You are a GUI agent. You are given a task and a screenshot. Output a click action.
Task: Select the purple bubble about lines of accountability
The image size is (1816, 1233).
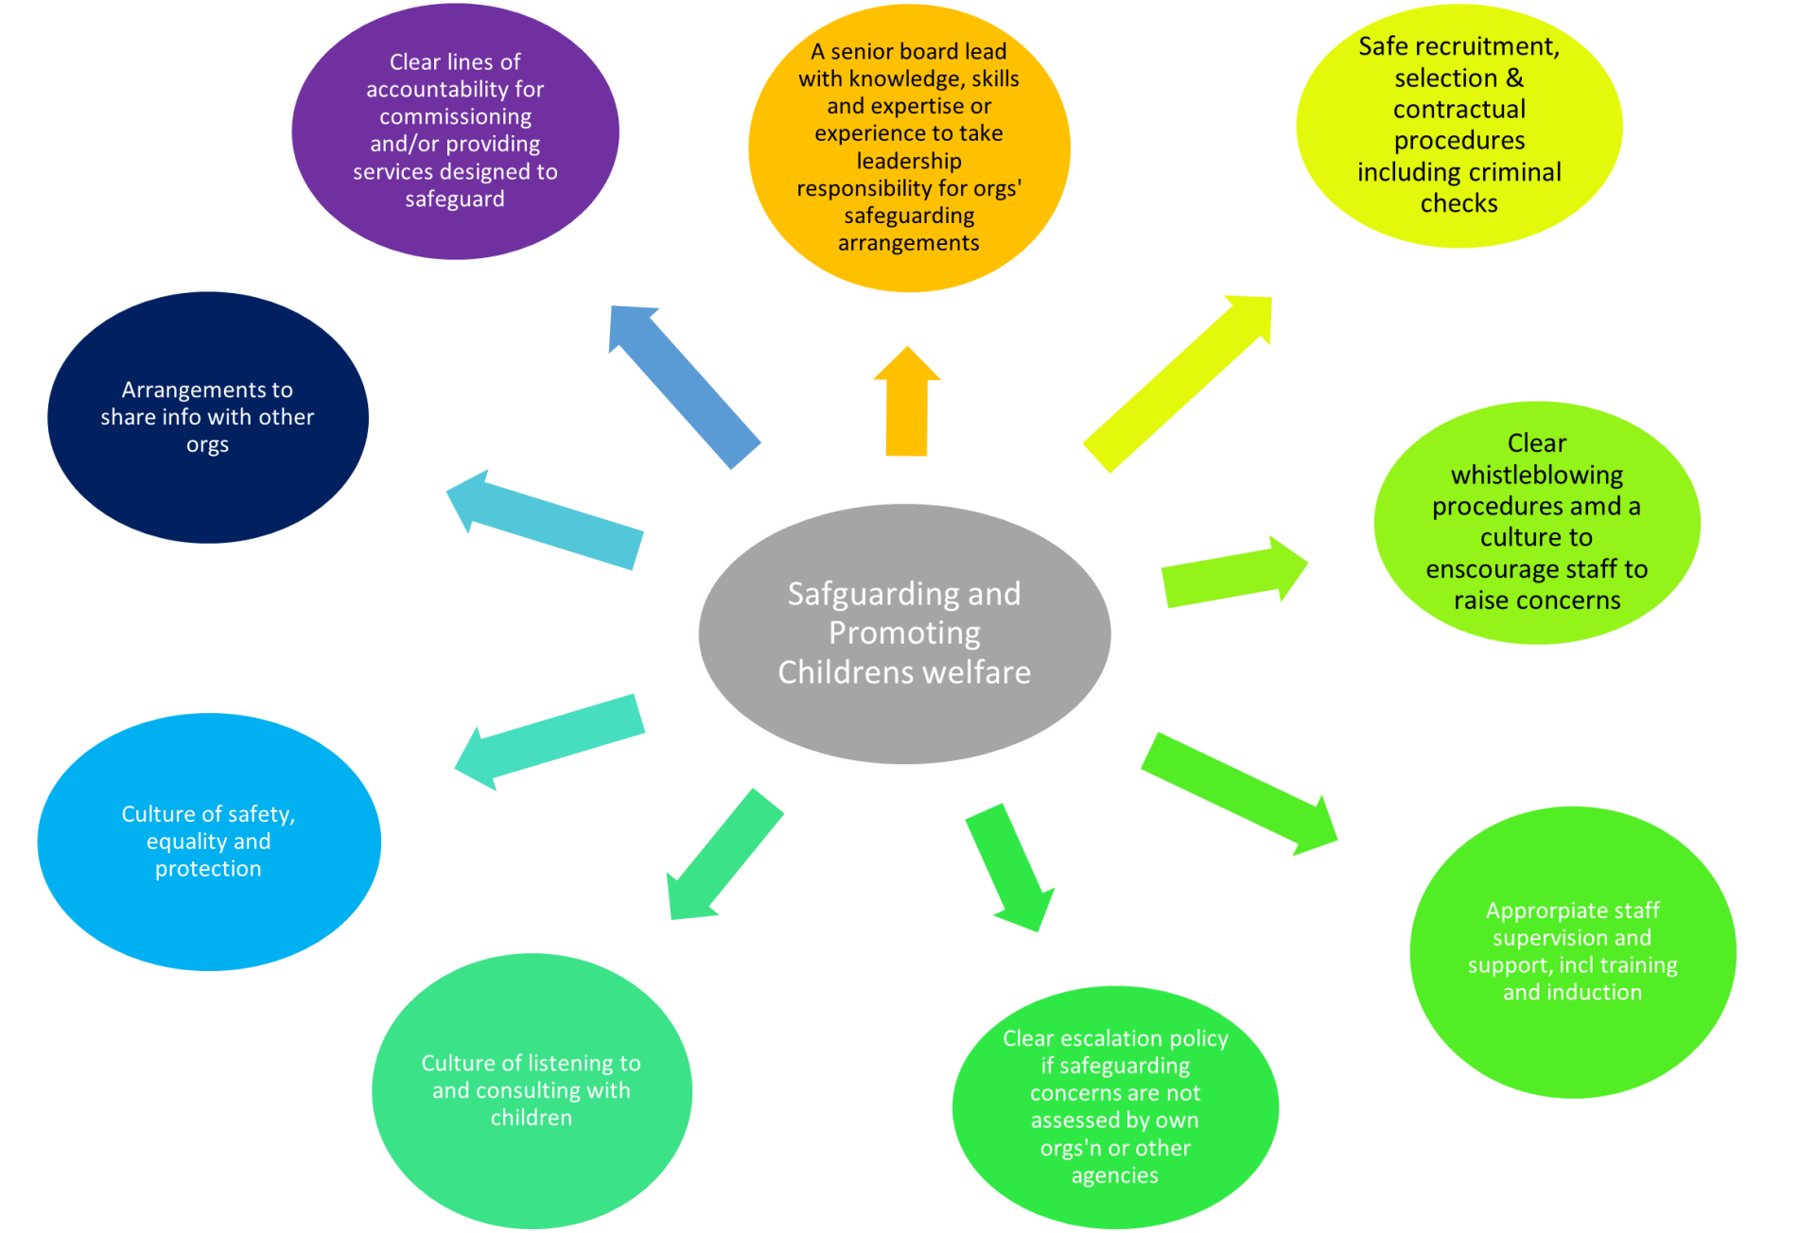(455, 130)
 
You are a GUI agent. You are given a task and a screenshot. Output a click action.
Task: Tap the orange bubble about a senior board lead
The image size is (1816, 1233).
(909, 148)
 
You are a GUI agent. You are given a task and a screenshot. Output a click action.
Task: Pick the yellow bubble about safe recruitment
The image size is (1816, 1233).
(1458, 125)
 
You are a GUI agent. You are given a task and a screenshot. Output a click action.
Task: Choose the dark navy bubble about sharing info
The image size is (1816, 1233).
(207, 417)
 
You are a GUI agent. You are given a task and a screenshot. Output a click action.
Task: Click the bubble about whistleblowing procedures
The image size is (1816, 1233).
(1536, 522)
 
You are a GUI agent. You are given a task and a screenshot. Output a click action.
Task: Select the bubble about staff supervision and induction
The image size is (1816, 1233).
(1572, 951)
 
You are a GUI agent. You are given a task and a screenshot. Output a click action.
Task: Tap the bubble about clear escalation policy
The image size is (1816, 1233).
(1115, 1106)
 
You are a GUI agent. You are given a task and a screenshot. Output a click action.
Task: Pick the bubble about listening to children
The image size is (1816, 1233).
(532, 1090)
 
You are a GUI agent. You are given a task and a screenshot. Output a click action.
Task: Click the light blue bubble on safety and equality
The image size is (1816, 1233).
(208, 841)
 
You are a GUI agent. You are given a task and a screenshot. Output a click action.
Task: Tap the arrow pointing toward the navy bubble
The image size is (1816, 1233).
(546, 519)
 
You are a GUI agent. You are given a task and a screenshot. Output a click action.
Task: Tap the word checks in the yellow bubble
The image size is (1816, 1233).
(1458, 203)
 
